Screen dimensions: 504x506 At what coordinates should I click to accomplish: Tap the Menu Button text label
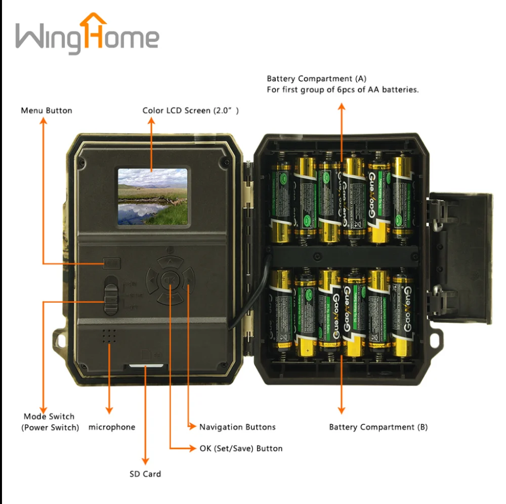coord(47,110)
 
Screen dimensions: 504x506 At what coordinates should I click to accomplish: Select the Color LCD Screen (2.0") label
coord(190,110)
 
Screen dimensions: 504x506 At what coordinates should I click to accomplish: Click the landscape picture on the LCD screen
coord(152,196)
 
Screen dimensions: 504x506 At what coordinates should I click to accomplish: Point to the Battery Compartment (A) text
coord(316,79)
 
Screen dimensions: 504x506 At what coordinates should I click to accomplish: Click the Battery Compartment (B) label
coord(378,427)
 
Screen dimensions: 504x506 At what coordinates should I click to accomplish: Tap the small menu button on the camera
coord(112,263)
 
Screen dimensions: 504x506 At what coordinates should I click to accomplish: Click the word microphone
coord(112,427)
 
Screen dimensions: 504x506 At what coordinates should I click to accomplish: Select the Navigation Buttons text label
coord(237,427)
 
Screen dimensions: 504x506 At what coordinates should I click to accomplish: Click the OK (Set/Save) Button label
coord(241,448)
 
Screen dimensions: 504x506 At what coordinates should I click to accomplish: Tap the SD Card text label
coord(145,474)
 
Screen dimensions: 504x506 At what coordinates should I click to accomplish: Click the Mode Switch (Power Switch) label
coord(50,422)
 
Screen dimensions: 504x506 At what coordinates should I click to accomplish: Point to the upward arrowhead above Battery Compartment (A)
coord(342,107)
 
